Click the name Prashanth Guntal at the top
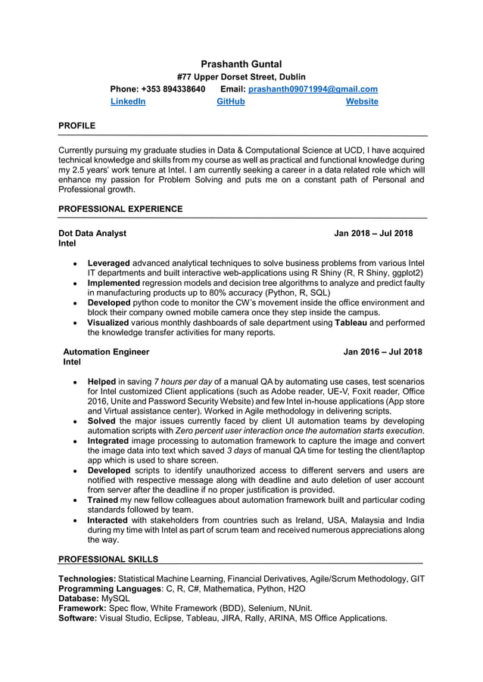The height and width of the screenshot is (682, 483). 241,64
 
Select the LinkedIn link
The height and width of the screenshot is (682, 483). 128,101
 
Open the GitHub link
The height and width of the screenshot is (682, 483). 231,101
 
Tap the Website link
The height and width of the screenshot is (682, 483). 362,101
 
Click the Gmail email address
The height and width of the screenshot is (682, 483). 313,89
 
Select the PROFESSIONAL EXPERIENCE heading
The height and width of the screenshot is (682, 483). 120,209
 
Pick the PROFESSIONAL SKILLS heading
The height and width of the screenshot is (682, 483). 108,560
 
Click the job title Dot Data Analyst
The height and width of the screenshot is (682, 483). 92,234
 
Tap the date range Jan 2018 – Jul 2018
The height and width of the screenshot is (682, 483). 373,234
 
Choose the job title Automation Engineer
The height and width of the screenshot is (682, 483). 106,352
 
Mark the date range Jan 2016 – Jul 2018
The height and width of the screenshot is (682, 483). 382,352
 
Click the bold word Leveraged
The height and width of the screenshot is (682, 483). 109,263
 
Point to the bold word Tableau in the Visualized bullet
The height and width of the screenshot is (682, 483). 352,323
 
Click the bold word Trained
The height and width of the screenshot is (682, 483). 102,501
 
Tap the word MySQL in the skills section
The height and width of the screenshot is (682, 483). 116,598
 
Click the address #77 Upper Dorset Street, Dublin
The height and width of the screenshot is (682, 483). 241,77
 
